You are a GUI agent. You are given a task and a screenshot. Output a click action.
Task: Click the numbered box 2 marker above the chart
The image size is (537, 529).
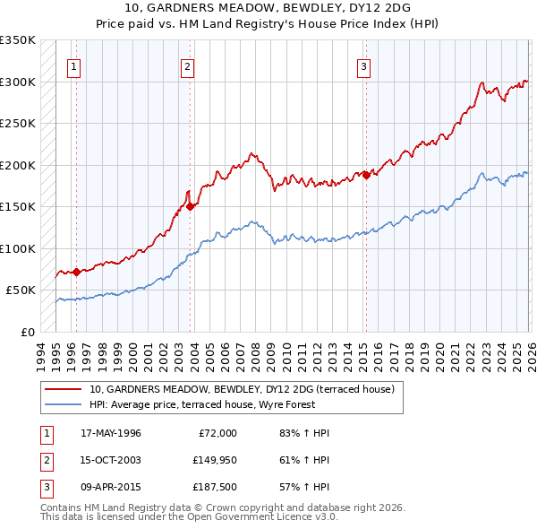tap(187, 65)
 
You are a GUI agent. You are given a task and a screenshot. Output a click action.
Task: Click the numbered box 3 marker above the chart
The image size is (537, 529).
tap(364, 65)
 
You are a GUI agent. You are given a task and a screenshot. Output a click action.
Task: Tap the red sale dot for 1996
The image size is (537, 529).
tap(76, 272)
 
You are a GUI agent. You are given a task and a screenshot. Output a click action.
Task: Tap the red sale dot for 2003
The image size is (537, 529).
tap(191, 205)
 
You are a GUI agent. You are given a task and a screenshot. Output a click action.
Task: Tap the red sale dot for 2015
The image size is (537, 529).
tap(366, 176)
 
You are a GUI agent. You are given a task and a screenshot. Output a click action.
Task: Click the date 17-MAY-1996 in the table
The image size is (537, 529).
tap(111, 433)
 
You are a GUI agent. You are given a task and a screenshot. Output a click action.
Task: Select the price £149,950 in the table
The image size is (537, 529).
tap(215, 462)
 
